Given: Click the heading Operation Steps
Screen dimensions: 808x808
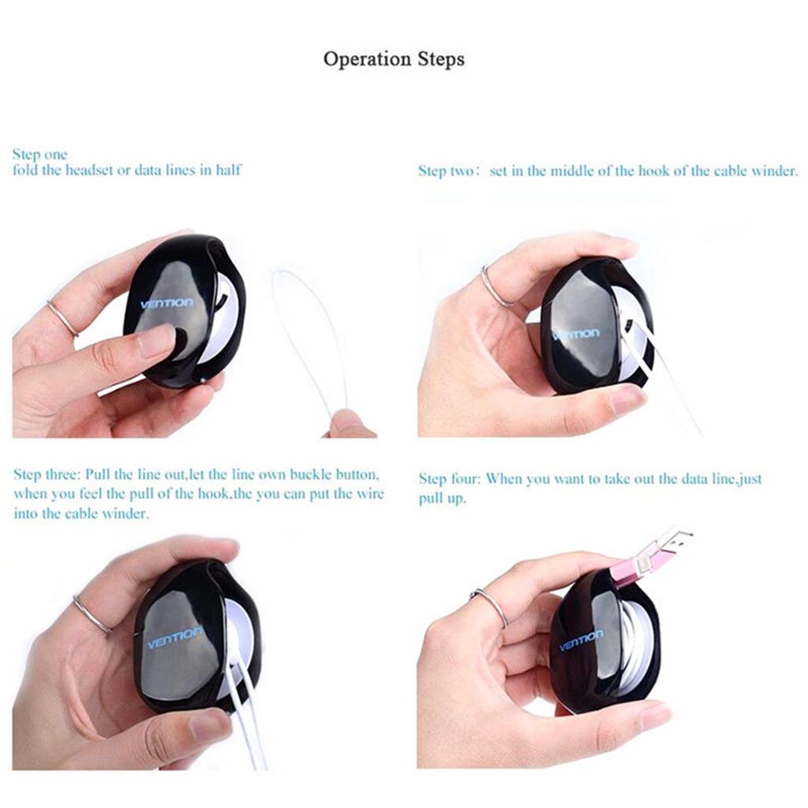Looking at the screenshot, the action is [394, 59].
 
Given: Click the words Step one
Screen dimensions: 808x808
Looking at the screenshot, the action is [39, 155].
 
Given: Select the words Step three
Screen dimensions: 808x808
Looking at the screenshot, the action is [47, 474].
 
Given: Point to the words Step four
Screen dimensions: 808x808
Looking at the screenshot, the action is [449, 479].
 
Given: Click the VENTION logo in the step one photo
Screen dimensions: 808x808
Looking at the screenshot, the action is [167, 304].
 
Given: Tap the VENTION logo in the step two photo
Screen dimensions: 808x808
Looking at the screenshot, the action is [575, 335].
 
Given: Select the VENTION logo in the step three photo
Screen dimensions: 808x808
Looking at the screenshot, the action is [175, 638].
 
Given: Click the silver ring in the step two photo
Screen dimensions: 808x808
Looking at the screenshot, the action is [495, 286].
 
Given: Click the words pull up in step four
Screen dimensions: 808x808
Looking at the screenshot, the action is [442, 499].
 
